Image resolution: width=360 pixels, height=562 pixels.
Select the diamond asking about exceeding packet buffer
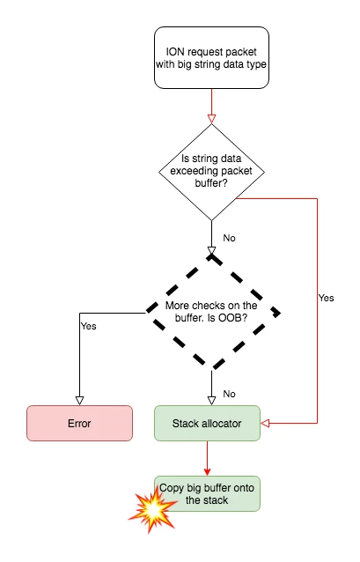point(210,171)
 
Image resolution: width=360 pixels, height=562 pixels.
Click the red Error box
point(79,423)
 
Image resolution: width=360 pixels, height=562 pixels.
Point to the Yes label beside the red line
point(326,298)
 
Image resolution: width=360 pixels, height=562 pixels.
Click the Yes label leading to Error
point(88,325)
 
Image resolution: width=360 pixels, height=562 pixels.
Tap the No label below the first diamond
point(229,238)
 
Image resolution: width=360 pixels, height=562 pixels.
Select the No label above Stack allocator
point(229,394)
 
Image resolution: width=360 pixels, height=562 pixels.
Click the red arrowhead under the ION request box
point(210,117)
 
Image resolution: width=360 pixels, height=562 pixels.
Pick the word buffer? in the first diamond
point(210,183)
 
